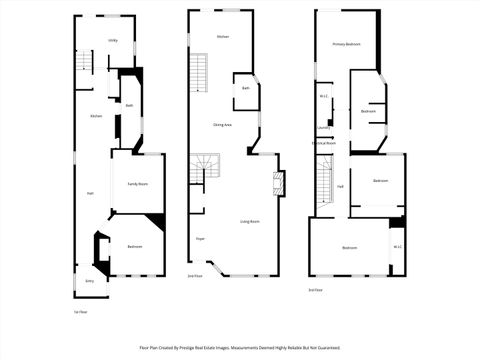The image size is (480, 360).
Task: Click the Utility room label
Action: [x=113, y=40]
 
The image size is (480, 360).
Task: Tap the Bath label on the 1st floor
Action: [x=129, y=105]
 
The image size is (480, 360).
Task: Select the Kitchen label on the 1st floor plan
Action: [x=96, y=117]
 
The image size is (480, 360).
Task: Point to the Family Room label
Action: [x=137, y=184]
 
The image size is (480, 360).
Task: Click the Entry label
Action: [x=89, y=282]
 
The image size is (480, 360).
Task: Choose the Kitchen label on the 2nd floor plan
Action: [x=223, y=37]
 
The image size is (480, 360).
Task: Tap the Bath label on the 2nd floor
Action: [x=246, y=89]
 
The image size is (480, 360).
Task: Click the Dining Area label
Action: [x=223, y=124]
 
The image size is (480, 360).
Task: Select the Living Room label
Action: [x=250, y=221]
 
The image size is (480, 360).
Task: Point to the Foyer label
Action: [x=200, y=239]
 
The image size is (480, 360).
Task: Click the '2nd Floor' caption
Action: [x=195, y=276]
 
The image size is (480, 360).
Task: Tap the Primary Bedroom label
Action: [x=347, y=45]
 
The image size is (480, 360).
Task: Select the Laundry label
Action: [x=323, y=128]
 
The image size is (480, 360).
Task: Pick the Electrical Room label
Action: [x=323, y=143]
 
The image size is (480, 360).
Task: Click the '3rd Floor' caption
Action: [x=315, y=289]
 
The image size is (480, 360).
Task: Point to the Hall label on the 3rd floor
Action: [x=340, y=186]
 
